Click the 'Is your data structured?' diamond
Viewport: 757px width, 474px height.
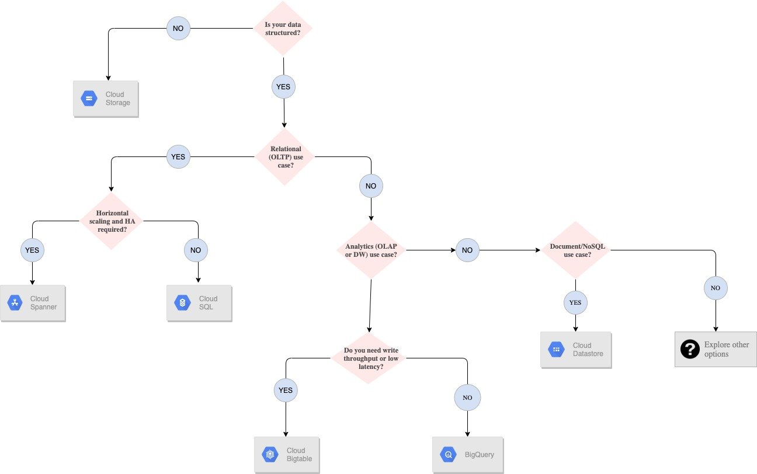283,29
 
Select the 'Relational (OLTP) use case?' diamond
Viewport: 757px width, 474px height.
285,157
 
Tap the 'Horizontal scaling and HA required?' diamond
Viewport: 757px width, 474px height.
111,222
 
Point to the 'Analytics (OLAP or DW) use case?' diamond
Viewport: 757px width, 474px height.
371,250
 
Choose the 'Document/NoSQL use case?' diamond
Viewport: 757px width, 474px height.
576,250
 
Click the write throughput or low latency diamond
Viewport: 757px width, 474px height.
369,358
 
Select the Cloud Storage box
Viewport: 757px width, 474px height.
106,99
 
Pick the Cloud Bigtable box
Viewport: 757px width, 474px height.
287,454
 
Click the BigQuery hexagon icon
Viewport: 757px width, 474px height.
449,454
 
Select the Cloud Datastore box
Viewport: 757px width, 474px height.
576,350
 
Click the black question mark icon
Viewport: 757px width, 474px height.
690,349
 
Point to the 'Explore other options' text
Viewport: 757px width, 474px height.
727,349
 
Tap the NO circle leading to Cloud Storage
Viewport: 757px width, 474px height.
178,28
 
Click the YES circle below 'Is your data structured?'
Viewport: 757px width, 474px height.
284,87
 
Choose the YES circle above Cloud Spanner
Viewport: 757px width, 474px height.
32,250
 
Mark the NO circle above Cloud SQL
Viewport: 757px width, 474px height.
196,250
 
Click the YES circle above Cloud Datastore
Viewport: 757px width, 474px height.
575,302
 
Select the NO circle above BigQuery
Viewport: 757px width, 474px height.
467,398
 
